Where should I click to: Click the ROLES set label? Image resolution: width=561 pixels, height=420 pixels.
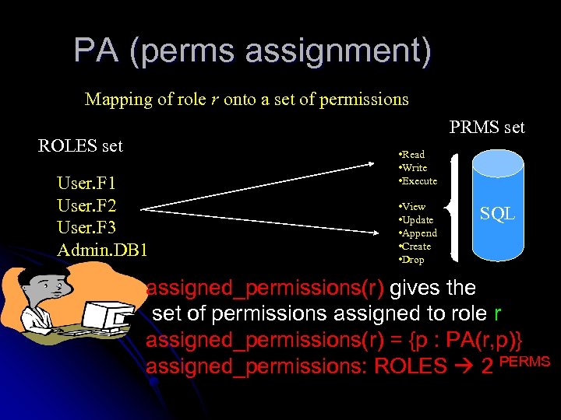coord(80,145)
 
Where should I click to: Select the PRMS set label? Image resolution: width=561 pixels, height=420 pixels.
coord(487,127)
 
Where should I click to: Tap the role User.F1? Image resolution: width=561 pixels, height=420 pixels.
coord(86,184)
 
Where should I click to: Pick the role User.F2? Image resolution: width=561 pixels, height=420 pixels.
coord(86,206)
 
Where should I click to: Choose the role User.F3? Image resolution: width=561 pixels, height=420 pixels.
coord(86,228)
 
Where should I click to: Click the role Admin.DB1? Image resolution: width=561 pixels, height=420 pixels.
coord(102,250)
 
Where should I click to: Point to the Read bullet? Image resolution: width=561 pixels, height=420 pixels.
coord(412,155)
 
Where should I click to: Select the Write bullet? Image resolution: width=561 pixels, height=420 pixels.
coord(414,168)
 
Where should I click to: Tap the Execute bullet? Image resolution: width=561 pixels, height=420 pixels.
coord(418,181)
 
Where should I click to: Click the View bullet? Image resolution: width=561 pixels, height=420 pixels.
coord(413,207)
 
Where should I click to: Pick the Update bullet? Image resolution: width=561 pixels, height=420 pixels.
coord(417,220)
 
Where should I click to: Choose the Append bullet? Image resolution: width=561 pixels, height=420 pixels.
coord(418,233)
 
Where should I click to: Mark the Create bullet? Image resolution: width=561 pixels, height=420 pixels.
coord(416,247)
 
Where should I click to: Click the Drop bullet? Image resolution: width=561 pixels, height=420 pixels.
coord(412,260)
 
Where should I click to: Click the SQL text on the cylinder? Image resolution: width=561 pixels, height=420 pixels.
coord(496,213)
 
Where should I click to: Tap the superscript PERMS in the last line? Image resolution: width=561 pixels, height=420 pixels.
coord(524,362)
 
